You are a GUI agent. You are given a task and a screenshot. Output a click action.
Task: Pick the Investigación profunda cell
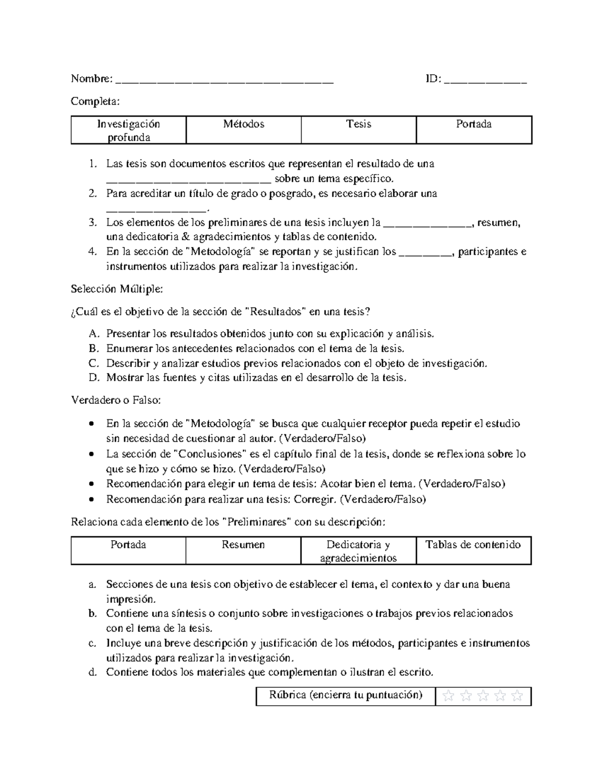coord(128,130)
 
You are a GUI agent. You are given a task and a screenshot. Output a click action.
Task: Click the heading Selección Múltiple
coord(117,289)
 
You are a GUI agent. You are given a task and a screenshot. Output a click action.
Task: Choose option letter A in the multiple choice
coord(94,334)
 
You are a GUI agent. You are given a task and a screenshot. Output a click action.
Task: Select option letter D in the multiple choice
coord(94,378)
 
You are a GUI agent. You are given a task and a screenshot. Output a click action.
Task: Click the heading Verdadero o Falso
coord(116,400)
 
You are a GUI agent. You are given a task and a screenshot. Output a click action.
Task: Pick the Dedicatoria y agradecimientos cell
coord(358,551)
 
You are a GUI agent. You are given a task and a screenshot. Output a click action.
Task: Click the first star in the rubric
coord(449,696)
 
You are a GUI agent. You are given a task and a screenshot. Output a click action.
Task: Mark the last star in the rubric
coord(517,696)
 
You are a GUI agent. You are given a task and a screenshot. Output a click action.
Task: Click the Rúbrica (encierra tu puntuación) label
coord(346,695)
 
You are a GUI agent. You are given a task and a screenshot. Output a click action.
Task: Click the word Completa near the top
coord(95,101)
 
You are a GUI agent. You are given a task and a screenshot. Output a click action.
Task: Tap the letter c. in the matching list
coord(92,643)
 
